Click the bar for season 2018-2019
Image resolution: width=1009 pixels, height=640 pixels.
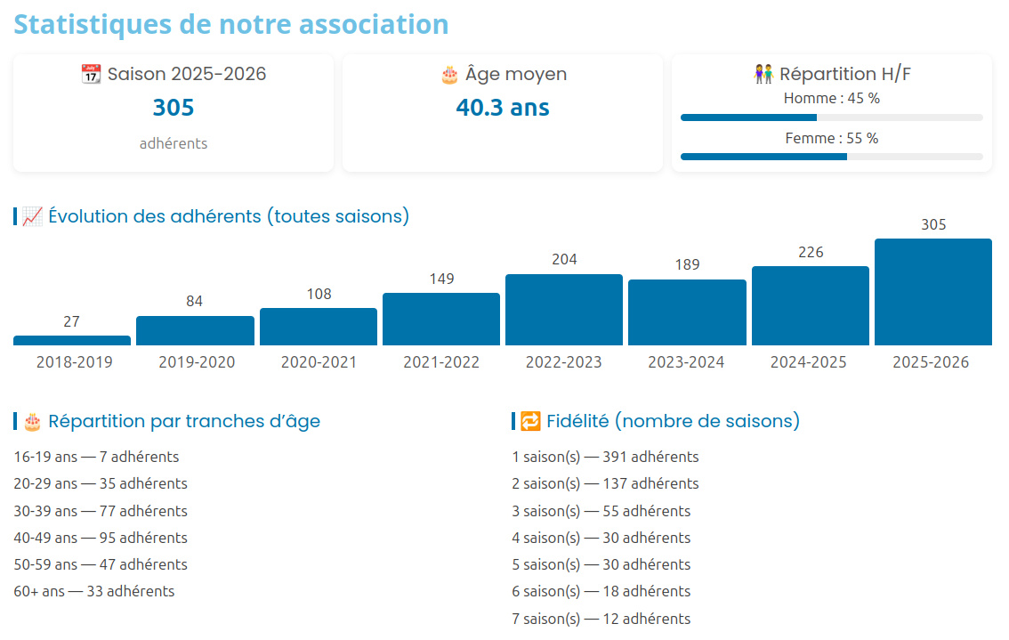[x=72, y=340]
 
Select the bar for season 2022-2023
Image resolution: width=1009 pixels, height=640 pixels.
[x=564, y=310]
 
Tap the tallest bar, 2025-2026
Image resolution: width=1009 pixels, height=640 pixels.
[x=933, y=292]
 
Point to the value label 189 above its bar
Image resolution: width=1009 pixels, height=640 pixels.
[x=687, y=264]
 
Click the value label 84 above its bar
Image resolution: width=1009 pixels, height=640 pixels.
[x=195, y=301]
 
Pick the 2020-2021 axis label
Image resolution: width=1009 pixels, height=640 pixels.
[x=319, y=362]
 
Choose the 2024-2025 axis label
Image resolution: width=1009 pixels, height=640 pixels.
[x=809, y=362]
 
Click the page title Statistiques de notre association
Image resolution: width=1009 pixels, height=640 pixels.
[x=231, y=24]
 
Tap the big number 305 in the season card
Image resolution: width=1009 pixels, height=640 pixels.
[x=174, y=108]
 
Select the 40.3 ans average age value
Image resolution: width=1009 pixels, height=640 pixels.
[x=503, y=108]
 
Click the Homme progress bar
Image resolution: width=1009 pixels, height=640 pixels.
[x=831, y=117]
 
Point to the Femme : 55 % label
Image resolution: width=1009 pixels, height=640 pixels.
[x=831, y=138]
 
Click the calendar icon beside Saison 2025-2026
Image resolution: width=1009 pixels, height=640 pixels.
[x=91, y=75]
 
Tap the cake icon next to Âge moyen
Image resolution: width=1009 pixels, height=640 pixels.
[x=449, y=75]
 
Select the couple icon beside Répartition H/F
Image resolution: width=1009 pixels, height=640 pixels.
[x=763, y=75]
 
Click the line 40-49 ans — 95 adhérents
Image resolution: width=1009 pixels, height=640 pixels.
[x=101, y=538]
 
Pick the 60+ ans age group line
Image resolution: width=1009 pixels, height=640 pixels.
[x=94, y=591]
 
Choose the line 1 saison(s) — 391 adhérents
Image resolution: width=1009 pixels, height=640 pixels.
[x=605, y=457]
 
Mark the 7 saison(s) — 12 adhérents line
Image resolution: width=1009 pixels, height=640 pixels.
[x=601, y=619]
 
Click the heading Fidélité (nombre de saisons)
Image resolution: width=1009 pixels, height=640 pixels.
[x=673, y=421]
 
